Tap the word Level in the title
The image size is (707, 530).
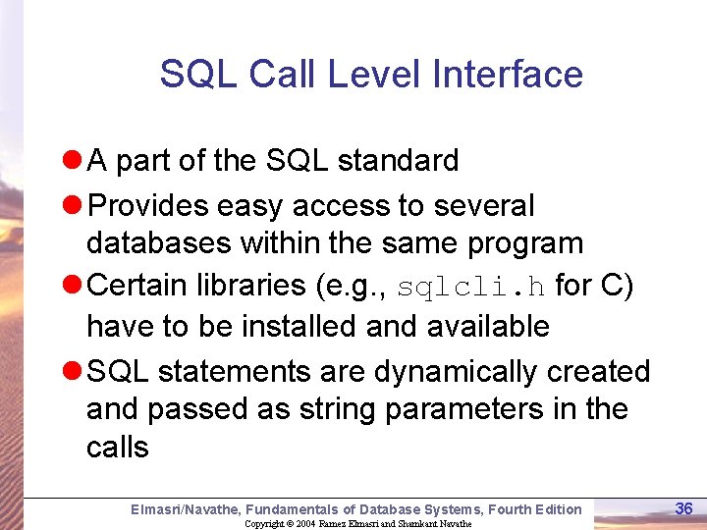point(378,75)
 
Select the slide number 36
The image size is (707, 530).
point(684,507)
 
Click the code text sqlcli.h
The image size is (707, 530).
point(472,287)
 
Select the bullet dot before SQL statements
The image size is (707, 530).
point(71,372)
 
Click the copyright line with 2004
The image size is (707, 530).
point(357,523)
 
